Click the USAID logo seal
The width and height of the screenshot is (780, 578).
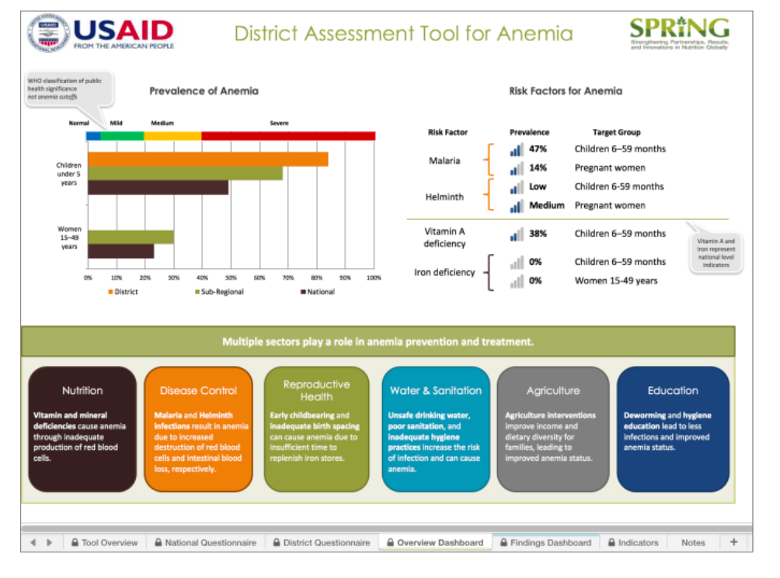coord(48,33)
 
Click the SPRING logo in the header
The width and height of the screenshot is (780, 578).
coord(679,33)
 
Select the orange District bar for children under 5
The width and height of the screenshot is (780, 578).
coord(207,159)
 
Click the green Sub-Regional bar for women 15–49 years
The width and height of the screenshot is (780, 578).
coord(131,237)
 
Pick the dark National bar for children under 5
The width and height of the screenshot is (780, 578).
coord(158,187)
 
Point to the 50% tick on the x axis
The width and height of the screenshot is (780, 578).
coord(231,277)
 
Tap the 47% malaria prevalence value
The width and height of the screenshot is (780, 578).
coord(538,148)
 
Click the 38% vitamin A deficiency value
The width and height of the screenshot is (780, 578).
coord(538,233)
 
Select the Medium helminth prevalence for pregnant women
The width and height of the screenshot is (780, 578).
coord(546,206)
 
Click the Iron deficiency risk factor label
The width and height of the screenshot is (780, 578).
coord(444,273)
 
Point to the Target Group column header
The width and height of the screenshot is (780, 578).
coord(616,132)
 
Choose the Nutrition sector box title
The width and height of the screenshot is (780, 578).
coord(82,391)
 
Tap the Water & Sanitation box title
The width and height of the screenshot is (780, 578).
coord(435,391)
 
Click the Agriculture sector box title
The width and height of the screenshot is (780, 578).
coord(552,391)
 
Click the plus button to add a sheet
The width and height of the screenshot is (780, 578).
coord(733,541)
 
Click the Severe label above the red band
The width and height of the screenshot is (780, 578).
coord(278,124)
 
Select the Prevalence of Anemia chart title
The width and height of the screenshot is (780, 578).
coord(204,91)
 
